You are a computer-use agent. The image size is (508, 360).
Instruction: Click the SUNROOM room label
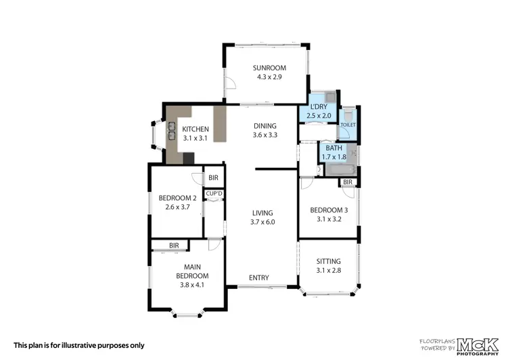pos(269,68)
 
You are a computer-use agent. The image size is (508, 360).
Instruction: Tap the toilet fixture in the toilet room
pos(348,115)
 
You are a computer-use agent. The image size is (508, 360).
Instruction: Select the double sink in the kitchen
pos(171,131)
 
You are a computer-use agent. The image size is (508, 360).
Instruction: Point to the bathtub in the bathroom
pos(341,170)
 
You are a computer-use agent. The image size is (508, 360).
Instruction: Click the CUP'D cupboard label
pos(214,194)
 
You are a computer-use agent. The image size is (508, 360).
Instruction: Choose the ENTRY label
pos(259,277)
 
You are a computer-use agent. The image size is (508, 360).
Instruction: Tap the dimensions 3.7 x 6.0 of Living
pos(262,222)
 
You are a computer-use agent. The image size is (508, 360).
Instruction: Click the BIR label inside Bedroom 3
pos(348,182)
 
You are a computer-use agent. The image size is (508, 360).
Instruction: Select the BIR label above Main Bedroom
pos(174,246)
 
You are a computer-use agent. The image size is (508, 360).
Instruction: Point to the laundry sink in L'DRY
pos(330,97)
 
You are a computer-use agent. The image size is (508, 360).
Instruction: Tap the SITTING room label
pos(329,261)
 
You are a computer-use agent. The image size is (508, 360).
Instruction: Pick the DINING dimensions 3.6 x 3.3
pos(265,135)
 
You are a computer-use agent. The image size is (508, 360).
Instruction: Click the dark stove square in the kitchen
pos(189,158)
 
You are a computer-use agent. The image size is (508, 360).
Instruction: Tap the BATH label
pos(334,148)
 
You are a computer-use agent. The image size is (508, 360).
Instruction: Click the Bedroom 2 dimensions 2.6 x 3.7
pos(177,207)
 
